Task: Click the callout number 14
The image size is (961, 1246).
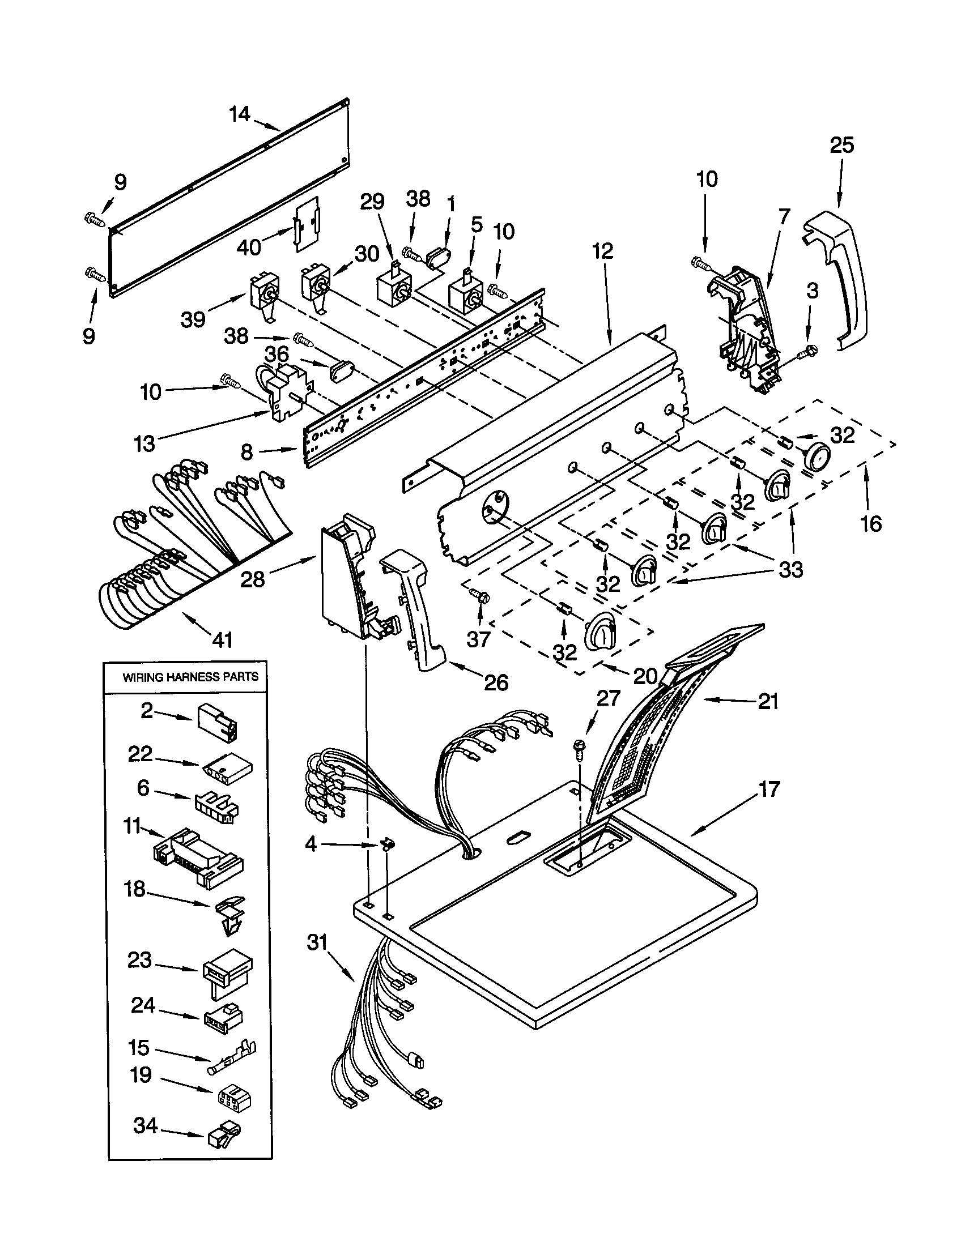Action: click(x=240, y=114)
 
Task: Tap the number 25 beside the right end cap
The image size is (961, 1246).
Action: click(x=842, y=146)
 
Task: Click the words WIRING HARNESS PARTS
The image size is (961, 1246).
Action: click(x=190, y=677)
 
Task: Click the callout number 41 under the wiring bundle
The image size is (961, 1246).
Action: click(x=222, y=639)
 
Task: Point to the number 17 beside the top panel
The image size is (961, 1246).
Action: click(x=769, y=790)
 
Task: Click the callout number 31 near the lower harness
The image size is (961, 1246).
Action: click(x=317, y=942)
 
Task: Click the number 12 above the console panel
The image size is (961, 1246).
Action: click(x=603, y=251)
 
